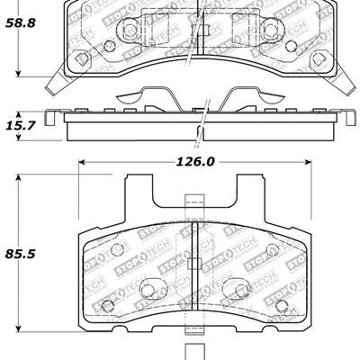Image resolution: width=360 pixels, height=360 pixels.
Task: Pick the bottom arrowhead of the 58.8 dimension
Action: [20, 81]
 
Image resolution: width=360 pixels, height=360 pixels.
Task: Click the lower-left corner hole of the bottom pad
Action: [108, 307]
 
